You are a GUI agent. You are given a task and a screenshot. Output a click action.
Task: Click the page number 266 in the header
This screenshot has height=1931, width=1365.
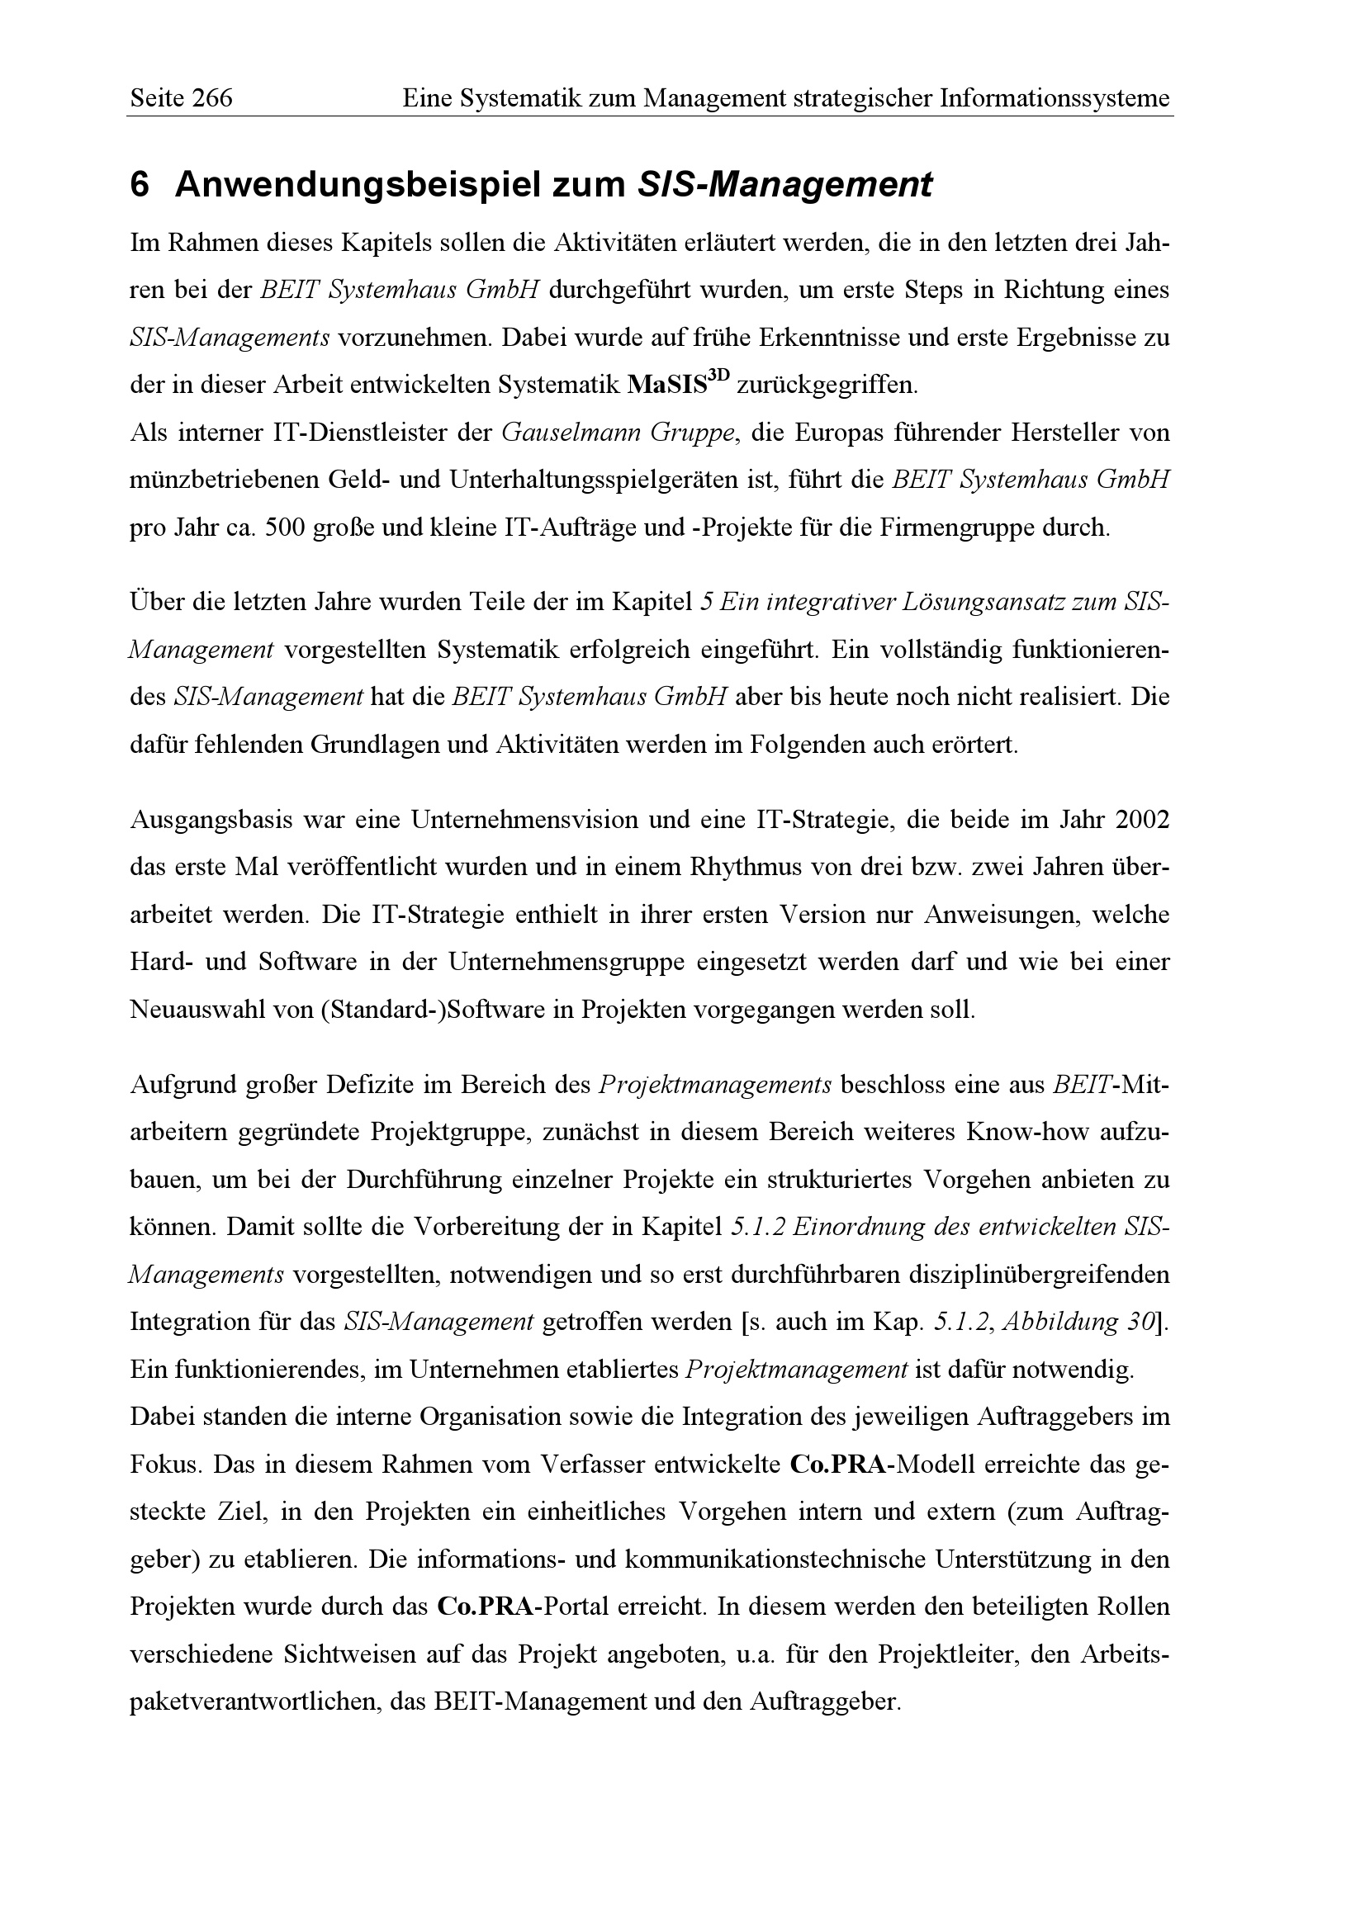[212, 99]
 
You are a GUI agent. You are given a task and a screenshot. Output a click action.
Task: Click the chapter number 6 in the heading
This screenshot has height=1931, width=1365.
[140, 185]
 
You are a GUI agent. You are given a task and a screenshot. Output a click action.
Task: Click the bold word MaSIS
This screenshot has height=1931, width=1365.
[667, 386]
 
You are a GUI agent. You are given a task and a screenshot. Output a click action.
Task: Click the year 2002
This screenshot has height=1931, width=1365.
[1142, 820]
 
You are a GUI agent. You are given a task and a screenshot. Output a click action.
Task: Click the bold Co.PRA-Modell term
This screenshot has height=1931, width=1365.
[883, 1465]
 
